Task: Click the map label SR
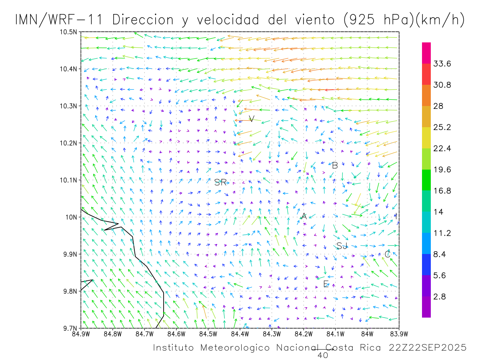click(220, 183)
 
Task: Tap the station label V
click(251, 119)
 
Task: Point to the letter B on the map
click(335, 166)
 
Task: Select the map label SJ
click(342, 246)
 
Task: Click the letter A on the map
click(304, 216)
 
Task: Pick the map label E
click(326, 284)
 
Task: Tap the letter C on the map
click(387, 254)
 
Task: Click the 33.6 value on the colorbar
click(442, 64)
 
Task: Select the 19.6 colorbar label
click(442, 170)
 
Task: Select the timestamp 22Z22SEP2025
click(428, 348)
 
